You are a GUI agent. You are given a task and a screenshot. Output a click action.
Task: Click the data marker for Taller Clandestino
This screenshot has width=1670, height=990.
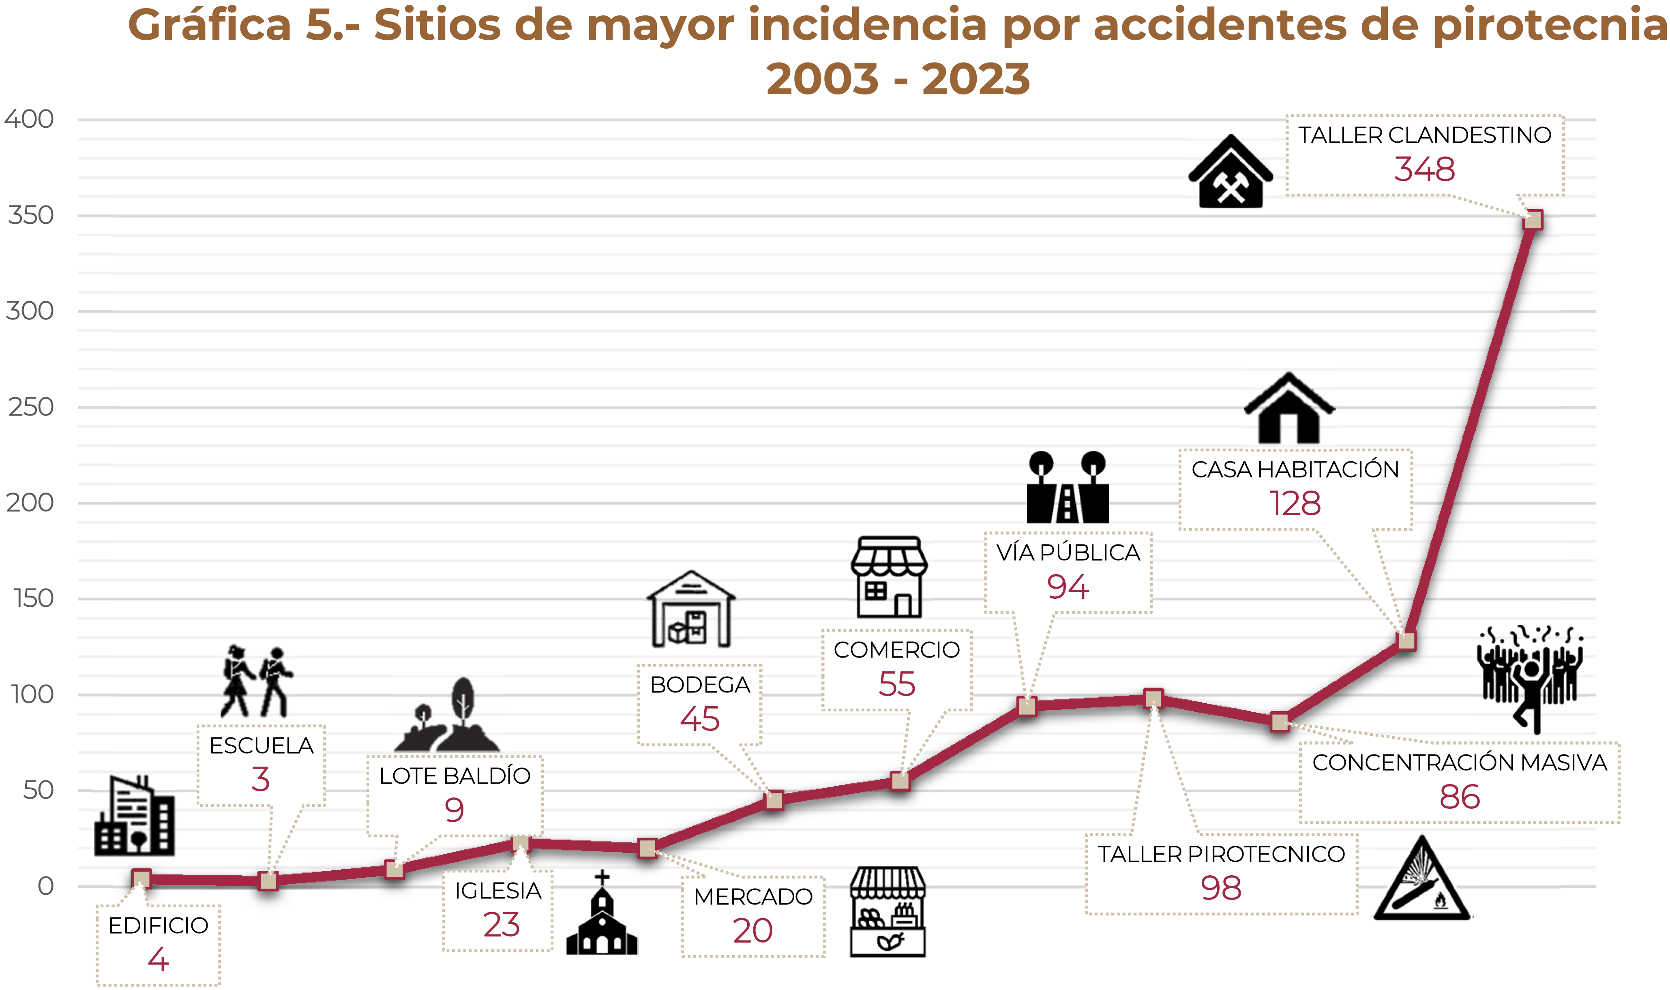[1533, 219]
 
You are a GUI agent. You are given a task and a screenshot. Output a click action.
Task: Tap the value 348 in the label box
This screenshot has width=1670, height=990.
[1424, 169]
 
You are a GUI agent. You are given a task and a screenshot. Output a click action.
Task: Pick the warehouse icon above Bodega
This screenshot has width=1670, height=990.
[691, 609]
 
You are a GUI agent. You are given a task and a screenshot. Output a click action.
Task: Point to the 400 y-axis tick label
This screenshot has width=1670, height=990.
[29, 120]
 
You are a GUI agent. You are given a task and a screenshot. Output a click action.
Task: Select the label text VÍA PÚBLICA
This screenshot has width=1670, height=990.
[1068, 553]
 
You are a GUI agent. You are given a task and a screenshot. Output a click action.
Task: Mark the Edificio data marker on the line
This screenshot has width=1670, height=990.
[141, 879]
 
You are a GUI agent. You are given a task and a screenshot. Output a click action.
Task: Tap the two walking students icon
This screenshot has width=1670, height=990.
[257, 682]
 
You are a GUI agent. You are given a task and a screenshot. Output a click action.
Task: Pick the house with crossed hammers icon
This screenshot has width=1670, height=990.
[1231, 173]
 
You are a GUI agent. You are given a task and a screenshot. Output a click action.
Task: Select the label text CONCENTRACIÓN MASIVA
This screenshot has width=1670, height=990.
[1459, 763]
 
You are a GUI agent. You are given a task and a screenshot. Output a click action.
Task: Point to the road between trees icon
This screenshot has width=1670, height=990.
[1068, 488]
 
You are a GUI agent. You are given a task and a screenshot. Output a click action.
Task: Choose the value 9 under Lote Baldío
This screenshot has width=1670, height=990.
[454, 810]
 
